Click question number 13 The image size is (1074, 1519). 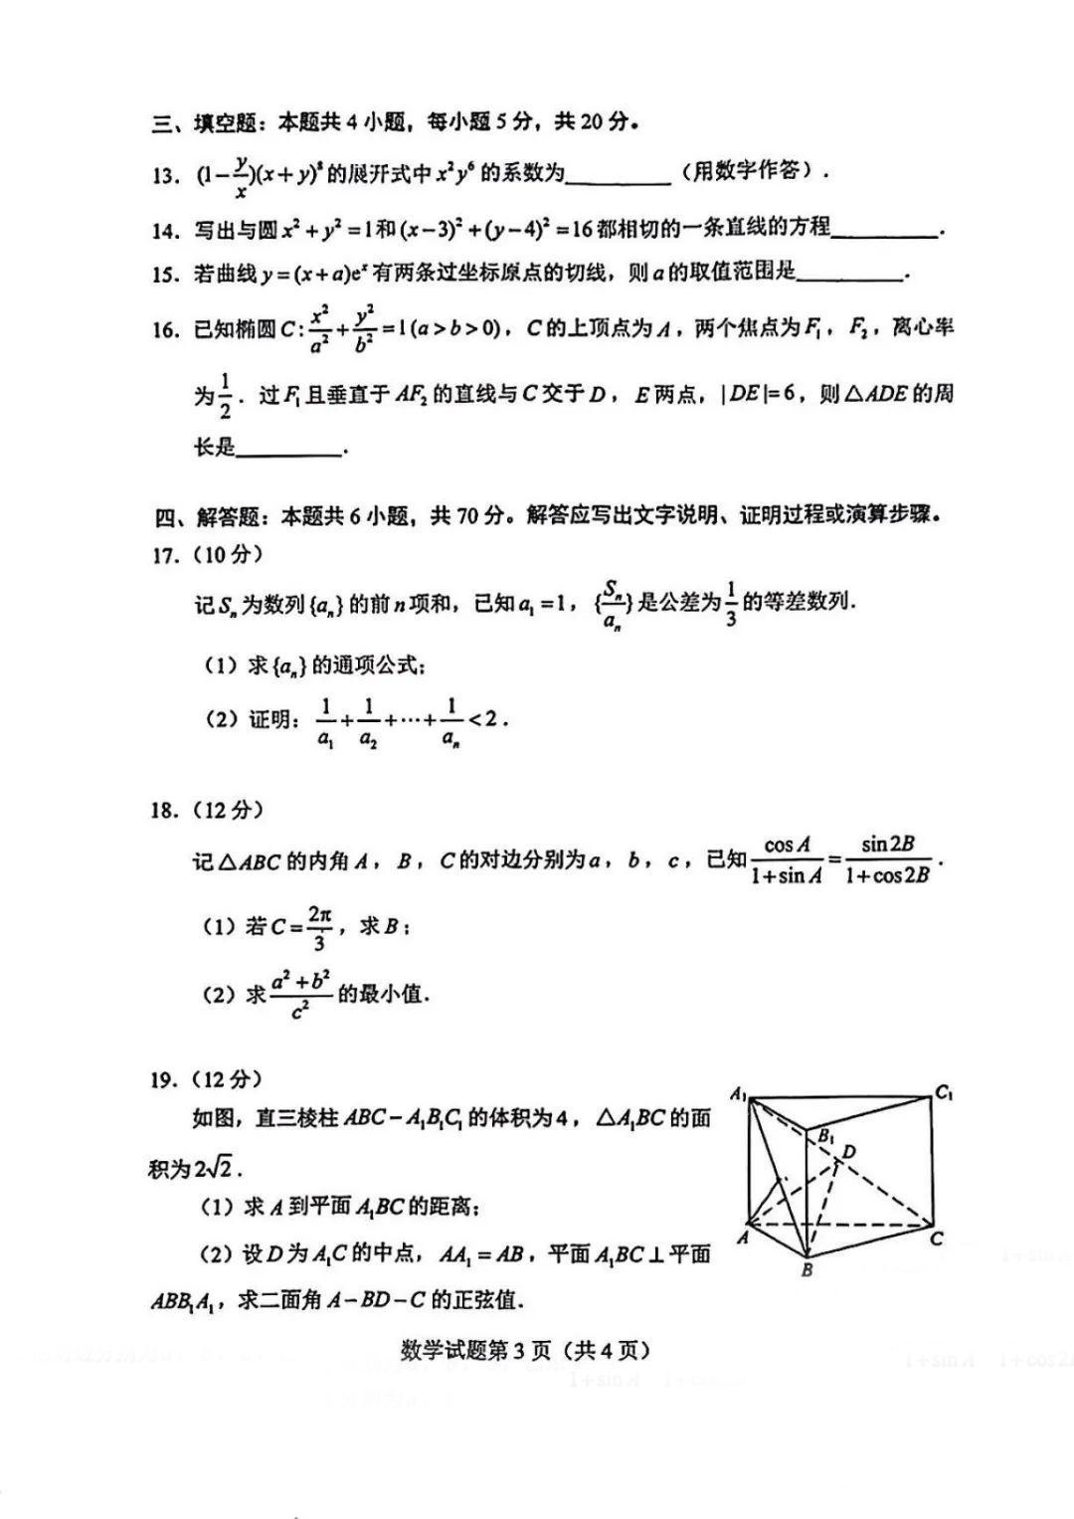[164, 176]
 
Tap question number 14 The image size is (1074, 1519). [164, 231]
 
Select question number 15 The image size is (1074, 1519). [164, 275]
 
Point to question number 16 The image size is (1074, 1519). [164, 330]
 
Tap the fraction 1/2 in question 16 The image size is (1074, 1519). [224, 396]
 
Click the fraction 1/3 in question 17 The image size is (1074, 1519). [731, 603]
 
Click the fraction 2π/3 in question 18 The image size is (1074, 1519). [318, 927]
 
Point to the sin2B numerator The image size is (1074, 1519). [887, 845]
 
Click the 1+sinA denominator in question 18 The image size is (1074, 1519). [786, 876]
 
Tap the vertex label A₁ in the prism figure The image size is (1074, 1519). [738, 1094]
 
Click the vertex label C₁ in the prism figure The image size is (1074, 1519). [944, 1092]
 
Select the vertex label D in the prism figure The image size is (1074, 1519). [849, 1152]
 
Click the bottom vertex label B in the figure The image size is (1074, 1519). [806, 1270]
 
